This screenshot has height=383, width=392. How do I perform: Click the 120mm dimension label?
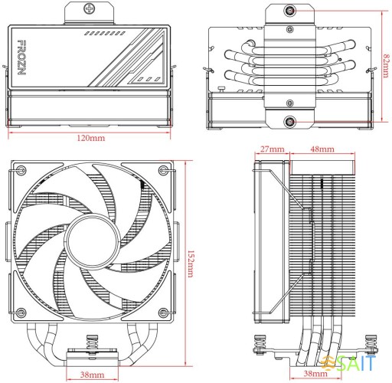(92, 139)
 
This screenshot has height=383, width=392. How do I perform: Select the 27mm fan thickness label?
(272, 148)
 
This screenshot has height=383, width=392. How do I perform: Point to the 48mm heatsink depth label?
(321, 148)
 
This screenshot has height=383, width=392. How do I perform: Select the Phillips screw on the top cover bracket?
(92, 11)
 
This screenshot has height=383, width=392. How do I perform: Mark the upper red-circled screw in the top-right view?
(291, 11)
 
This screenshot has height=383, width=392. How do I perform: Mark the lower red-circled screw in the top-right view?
(291, 121)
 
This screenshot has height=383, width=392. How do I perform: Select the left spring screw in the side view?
(260, 346)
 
